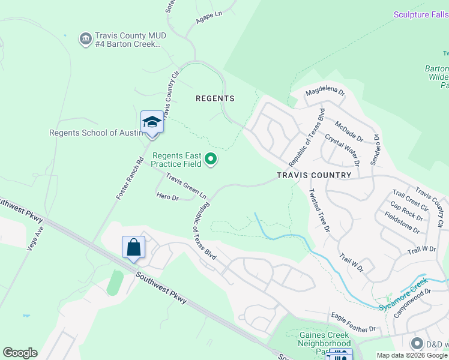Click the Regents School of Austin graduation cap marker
pos(152,122)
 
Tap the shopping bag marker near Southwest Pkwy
pos(133,247)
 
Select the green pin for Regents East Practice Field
pos(211,159)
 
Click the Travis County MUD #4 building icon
pos(85,40)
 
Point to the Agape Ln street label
pos(209,20)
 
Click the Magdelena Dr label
pos(325,93)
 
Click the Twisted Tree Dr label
pos(319,210)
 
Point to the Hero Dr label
pos(167,197)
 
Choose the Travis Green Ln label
pos(186,187)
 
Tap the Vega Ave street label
pos(34,238)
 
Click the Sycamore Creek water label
pos(403,295)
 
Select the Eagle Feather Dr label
pos(352,329)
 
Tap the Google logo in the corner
pos(20,353)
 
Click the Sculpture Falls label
pos(421,14)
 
